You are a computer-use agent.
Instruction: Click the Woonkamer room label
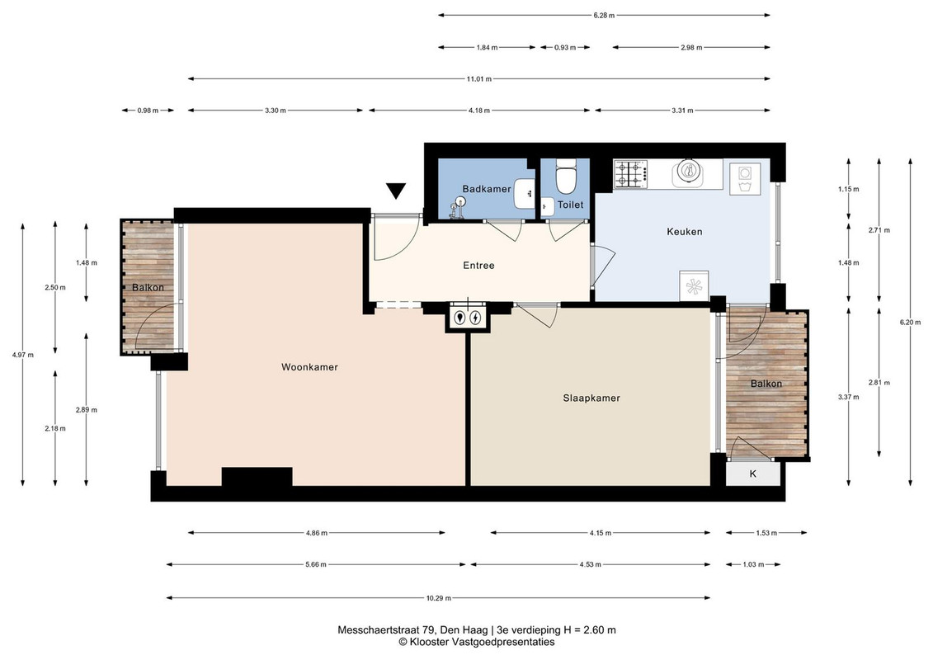(x=309, y=367)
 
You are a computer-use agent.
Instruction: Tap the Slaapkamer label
(x=591, y=398)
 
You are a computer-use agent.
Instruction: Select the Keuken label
(x=684, y=232)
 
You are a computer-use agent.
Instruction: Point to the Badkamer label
(x=487, y=189)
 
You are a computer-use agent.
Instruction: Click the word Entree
(x=479, y=266)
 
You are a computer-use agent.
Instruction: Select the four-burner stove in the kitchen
(x=631, y=174)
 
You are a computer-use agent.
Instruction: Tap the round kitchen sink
(x=689, y=172)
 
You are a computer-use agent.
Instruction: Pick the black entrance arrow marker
(x=396, y=191)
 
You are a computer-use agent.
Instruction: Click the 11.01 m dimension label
(x=479, y=78)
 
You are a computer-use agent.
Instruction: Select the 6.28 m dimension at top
(x=604, y=16)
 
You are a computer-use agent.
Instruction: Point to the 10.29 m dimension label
(x=439, y=598)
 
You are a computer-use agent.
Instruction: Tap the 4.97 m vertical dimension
(x=22, y=356)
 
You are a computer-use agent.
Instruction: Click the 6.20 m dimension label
(x=911, y=322)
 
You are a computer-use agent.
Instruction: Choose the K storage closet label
(x=752, y=474)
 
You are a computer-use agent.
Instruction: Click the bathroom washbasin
(x=525, y=193)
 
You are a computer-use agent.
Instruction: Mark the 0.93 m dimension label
(x=565, y=48)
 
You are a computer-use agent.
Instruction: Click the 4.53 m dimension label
(x=591, y=565)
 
